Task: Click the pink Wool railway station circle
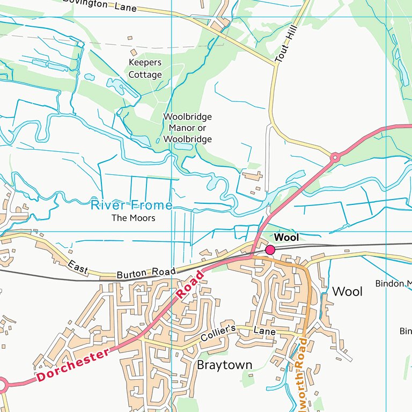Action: [x=270, y=250]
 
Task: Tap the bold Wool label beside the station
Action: [x=286, y=237]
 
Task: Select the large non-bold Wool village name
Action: [x=347, y=292]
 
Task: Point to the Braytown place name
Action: [x=224, y=365]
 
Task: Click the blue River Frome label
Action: [x=131, y=205]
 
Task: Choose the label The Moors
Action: [x=133, y=218]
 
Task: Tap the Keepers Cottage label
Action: [x=145, y=69]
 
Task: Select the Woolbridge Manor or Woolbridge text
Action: [x=187, y=128]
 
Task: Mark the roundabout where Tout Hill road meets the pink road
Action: [x=335, y=157]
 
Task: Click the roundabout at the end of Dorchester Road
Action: [x=2, y=385]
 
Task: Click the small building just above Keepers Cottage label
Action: [x=130, y=38]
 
